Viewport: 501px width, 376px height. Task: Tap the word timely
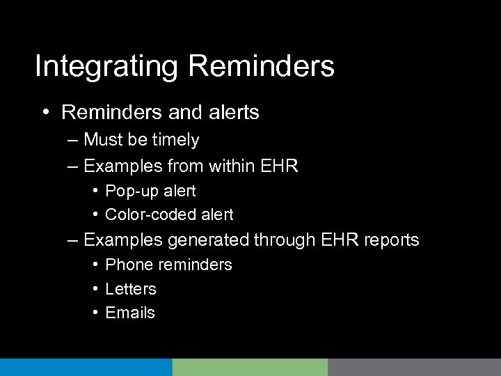pyautogui.click(x=176, y=141)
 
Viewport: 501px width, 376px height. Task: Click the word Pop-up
pyautogui.click(x=129, y=191)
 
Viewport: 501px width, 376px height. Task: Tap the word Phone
pyautogui.click(x=126, y=265)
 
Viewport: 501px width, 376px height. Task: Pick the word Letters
pyautogui.click(x=131, y=289)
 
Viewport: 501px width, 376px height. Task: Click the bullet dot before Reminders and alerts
pyautogui.click(x=45, y=112)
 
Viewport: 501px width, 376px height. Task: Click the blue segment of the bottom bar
pyautogui.click(x=86, y=367)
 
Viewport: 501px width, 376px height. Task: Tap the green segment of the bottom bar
pyautogui.click(x=250, y=367)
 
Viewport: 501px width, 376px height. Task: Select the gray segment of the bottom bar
pyautogui.click(x=414, y=367)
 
